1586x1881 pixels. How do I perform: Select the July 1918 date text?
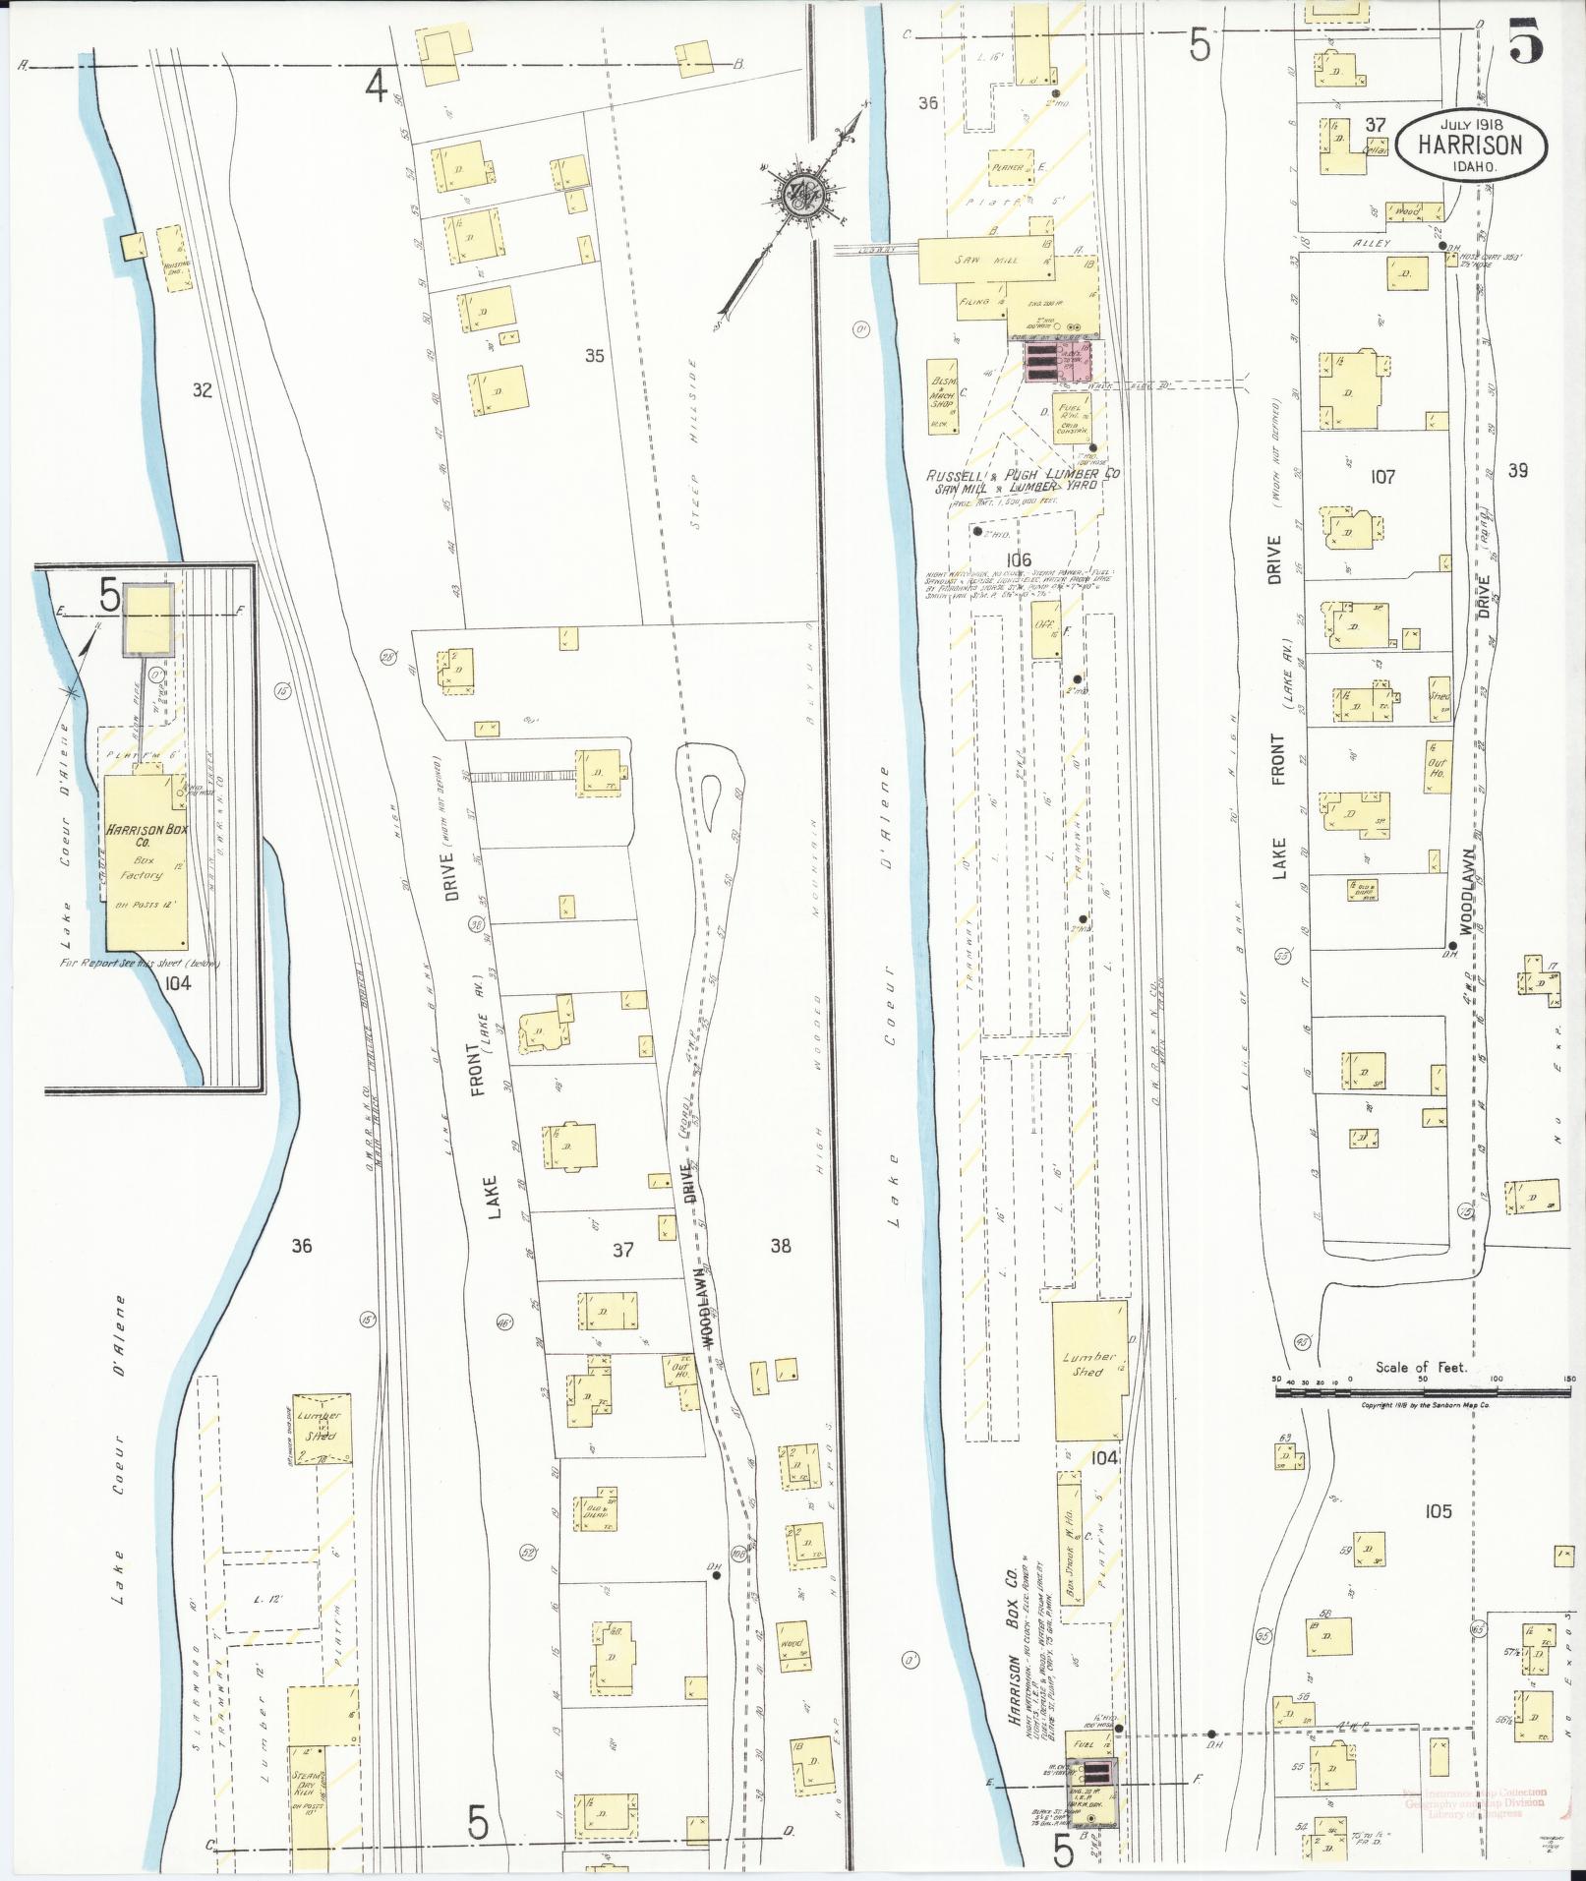pyautogui.click(x=1469, y=124)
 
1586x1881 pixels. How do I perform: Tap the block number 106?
pyautogui.click(x=1019, y=559)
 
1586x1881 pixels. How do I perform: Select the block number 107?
pyautogui.click(x=1382, y=477)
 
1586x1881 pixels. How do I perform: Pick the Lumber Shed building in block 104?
pyautogui.click(x=1089, y=1370)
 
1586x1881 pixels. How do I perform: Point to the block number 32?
pyautogui.click(x=202, y=390)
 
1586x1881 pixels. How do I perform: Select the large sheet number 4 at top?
pyautogui.click(x=375, y=87)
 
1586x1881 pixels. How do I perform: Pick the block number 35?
pyautogui.click(x=593, y=356)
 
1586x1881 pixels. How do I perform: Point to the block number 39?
pyautogui.click(x=1517, y=471)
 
